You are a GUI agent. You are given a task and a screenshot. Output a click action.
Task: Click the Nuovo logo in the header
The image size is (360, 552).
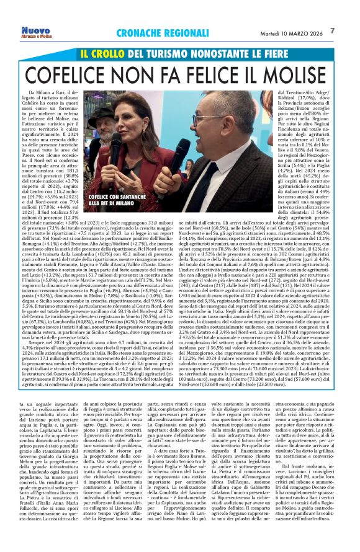point(35,31)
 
